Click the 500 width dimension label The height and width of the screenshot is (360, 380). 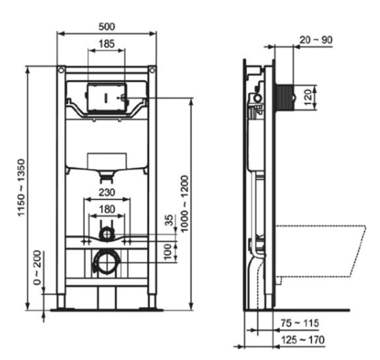[106, 27]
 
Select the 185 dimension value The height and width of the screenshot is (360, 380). [106, 44]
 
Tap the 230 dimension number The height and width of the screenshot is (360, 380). [107, 192]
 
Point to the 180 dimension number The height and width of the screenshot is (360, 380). [107, 209]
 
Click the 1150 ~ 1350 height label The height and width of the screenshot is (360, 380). [22, 187]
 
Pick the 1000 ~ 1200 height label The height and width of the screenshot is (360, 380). [185, 204]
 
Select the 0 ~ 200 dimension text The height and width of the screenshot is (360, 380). [37, 268]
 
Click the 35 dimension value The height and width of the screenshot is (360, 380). [169, 220]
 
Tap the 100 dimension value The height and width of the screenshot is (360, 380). [168, 252]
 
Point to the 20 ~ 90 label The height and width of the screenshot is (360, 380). [316, 40]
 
